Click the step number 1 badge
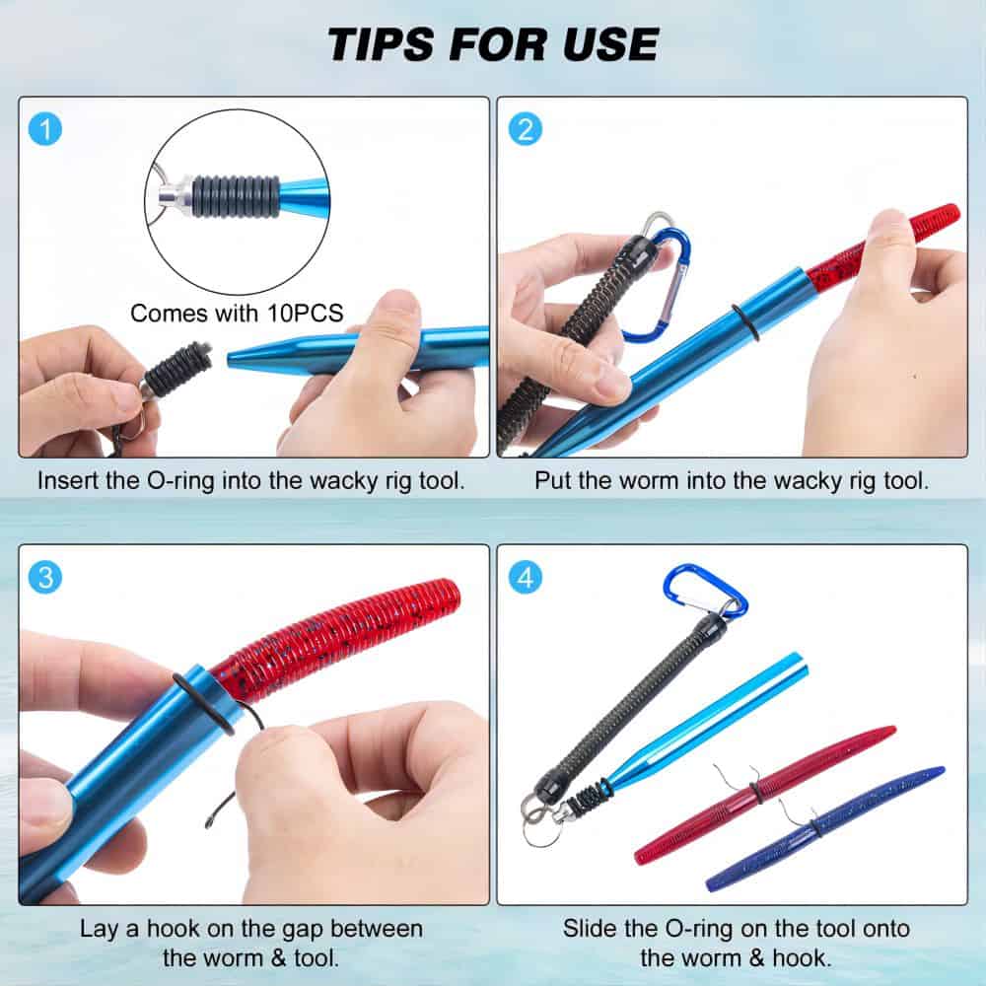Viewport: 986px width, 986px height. click(x=45, y=129)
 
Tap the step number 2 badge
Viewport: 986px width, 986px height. click(x=526, y=129)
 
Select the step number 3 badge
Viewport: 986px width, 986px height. click(x=45, y=577)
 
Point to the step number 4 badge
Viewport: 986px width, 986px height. click(x=526, y=577)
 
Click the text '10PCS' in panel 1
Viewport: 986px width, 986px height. click(x=305, y=314)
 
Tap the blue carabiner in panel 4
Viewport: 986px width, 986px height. click(x=704, y=591)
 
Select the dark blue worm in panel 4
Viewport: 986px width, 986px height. click(x=825, y=829)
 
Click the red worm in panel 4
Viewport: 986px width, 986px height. click(x=765, y=794)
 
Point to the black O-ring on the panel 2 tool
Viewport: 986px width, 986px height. click(x=745, y=322)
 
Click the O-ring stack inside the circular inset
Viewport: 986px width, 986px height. click(x=236, y=196)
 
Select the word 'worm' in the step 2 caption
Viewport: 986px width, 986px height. click(x=650, y=481)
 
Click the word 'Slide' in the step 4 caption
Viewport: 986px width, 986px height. click(x=590, y=929)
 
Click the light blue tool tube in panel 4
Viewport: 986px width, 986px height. click(x=704, y=723)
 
